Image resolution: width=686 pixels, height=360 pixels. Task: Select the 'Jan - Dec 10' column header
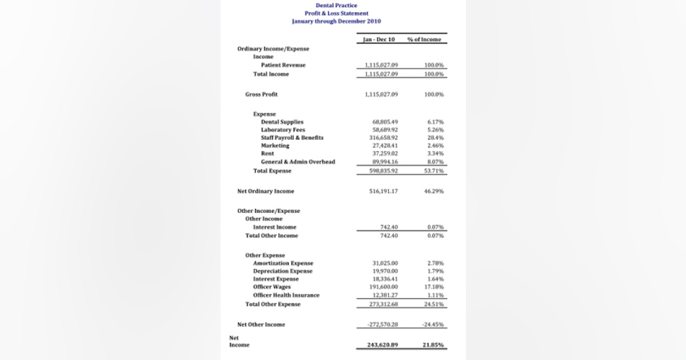tap(379, 39)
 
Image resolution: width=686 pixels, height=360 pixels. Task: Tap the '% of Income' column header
tap(424, 39)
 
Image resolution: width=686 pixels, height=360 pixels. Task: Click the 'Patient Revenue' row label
tap(283, 65)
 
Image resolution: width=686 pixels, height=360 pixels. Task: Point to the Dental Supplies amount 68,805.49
tap(385, 122)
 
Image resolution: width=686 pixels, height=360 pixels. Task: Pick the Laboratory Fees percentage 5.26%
tap(435, 130)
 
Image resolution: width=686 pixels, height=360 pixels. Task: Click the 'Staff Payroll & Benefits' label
tap(292, 138)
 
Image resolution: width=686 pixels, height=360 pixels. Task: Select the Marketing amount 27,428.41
tap(385, 146)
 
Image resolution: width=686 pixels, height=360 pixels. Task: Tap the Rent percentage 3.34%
tap(435, 154)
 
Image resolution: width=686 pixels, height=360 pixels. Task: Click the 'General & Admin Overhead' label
tap(298, 162)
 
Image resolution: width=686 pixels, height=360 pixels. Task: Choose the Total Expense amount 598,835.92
tap(384, 171)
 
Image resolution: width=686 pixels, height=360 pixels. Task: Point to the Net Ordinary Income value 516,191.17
tap(384, 191)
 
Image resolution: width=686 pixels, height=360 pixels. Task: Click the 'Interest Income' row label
tap(274, 227)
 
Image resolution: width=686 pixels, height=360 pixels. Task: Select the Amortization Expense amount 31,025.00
tap(385, 263)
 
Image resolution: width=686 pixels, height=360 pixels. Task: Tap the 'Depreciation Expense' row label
tap(282, 271)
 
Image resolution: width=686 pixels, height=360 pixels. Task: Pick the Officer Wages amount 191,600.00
tap(384, 287)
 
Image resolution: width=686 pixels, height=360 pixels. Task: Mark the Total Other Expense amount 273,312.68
tap(384, 304)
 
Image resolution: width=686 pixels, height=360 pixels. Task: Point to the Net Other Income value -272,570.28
tap(383, 325)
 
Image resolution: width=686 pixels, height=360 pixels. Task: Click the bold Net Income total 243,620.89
tap(383, 345)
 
